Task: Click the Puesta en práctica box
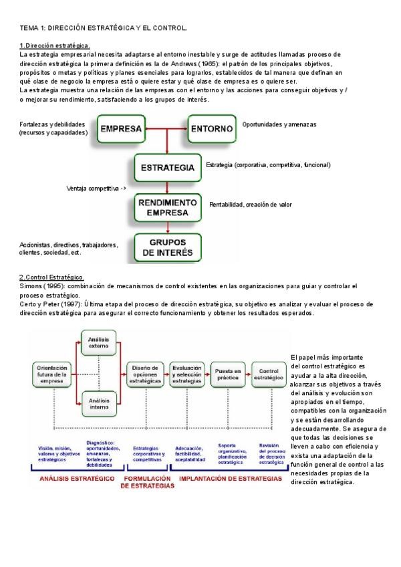pyautogui.click(x=227, y=374)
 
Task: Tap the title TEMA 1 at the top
pyautogui.click(x=104, y=28)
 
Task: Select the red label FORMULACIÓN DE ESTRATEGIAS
pyautogui.click(x=148, y=483)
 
